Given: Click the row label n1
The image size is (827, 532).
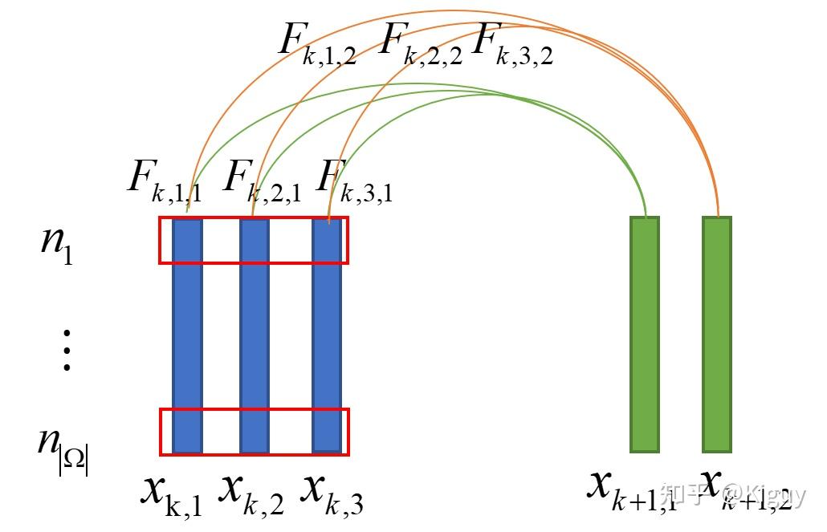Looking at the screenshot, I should pos(57,243).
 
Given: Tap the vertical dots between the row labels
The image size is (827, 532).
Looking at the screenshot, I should pos(67,350).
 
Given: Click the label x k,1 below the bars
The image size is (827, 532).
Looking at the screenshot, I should pos(171,493).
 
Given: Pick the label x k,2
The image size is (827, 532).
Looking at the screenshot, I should pos(251,493).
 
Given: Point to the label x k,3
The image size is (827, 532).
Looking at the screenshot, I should pos(332,493).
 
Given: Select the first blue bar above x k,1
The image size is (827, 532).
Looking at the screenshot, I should pos(187,337).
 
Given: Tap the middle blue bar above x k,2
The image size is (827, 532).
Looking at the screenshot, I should pos(255,337).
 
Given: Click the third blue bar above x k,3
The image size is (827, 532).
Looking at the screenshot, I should pos(326,337).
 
